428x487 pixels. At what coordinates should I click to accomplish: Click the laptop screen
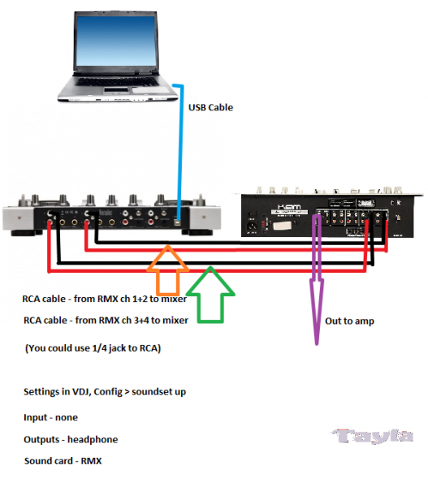(115, 41)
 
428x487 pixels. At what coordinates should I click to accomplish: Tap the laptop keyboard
(118, 82)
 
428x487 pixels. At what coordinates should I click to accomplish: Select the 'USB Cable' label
(210, 107)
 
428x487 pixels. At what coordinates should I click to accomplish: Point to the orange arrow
(168, 269)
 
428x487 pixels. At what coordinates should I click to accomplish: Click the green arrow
(210, 295)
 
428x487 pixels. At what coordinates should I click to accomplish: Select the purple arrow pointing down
(317, 279)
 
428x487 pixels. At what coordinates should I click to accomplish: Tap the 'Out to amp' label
(349, 321)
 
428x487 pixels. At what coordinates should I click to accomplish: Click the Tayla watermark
(372, 436)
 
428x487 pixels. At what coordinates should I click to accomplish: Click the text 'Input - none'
(50, 417)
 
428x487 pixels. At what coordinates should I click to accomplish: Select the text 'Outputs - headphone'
(71, 439)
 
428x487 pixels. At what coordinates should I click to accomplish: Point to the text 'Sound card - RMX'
(63, 461)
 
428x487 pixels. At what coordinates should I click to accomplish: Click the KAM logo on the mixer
(289, 207)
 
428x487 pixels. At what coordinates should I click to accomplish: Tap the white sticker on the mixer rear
(283, 225)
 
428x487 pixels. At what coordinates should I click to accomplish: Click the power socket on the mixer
(252, 226)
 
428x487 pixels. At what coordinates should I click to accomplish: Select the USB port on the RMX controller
(178, 222)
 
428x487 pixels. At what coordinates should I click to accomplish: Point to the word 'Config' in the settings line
(108, 392)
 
